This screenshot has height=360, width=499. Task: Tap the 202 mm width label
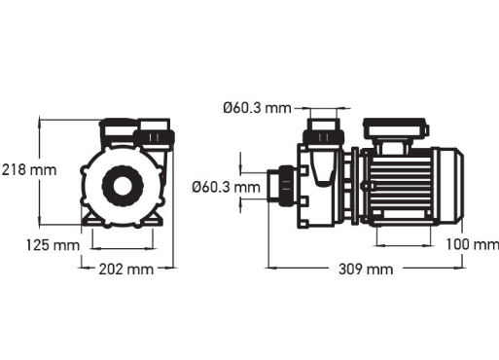(125, 268)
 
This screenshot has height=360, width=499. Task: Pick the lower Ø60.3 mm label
(226, 185)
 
